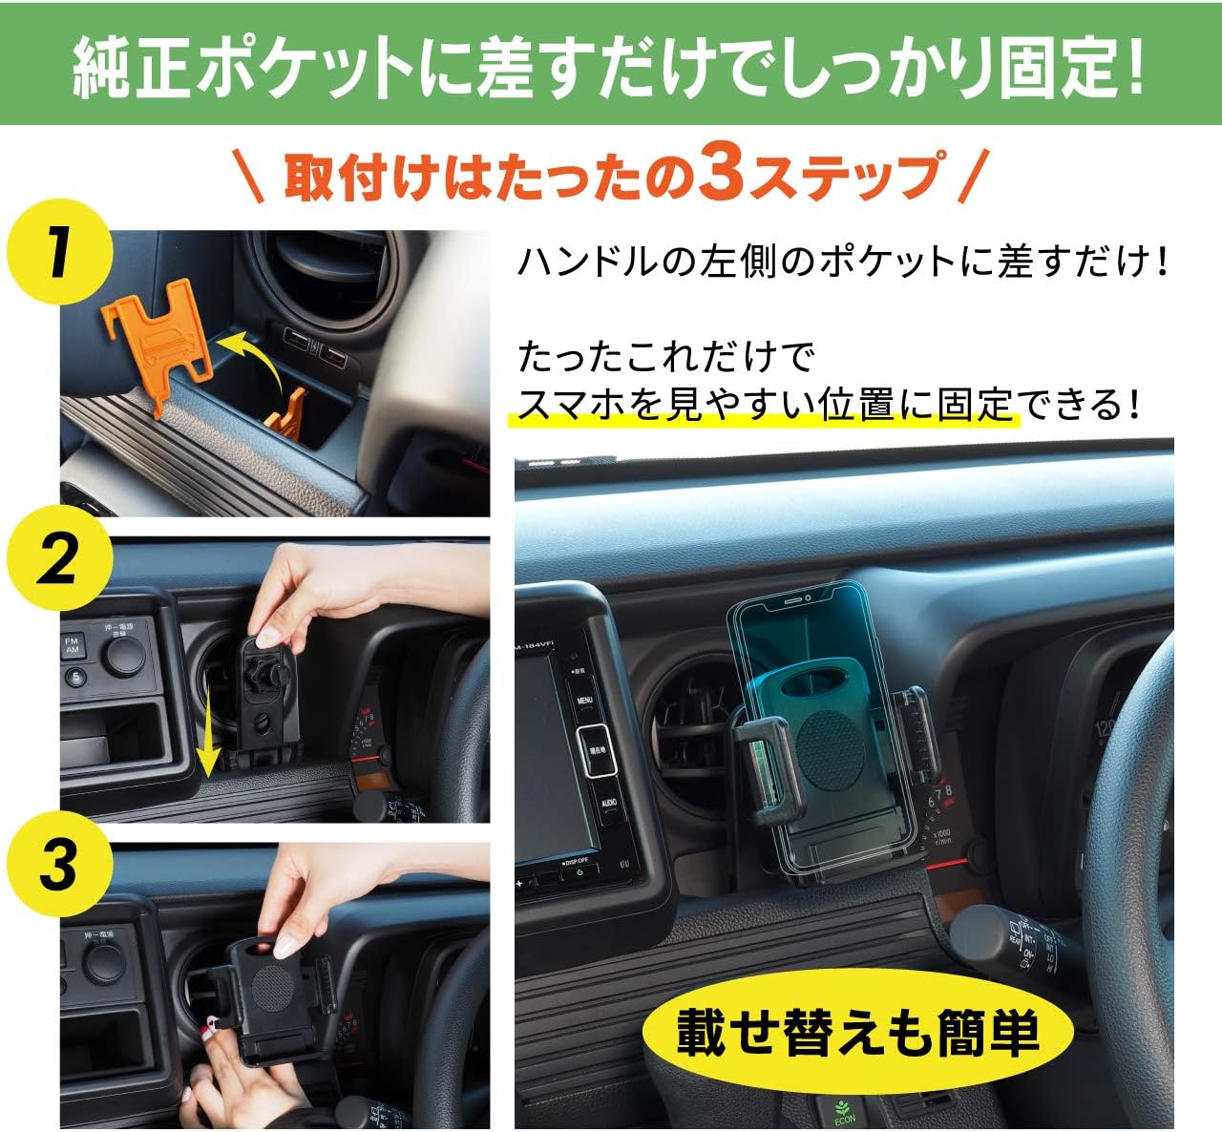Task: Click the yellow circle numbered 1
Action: (59, 251)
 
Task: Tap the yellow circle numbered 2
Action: (59, 558)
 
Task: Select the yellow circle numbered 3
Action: (59, 864)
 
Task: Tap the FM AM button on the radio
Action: (72, 645)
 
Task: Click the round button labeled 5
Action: (75, 677)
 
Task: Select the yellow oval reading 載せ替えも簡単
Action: (857, 1031)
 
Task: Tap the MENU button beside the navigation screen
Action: (584, 701)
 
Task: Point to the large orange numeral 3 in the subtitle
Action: (727, 173)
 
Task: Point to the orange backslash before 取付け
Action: (249, 176)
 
